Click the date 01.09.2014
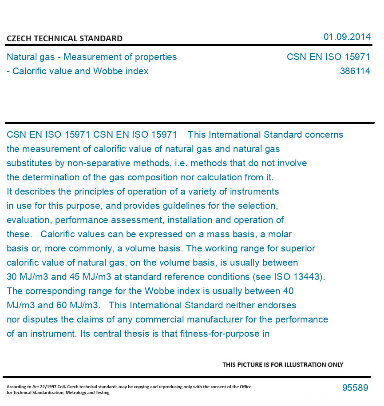click(x=347, y=37)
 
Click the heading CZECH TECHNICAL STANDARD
click(x=64, y=39)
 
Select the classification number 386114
click(x=355, y=71)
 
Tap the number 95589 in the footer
click(x=355, y=388)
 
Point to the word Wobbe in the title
click(x=105, y=71)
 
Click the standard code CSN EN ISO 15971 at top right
click(x=328, y=57)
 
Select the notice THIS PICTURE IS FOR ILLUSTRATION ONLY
click(x=282, y=365)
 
